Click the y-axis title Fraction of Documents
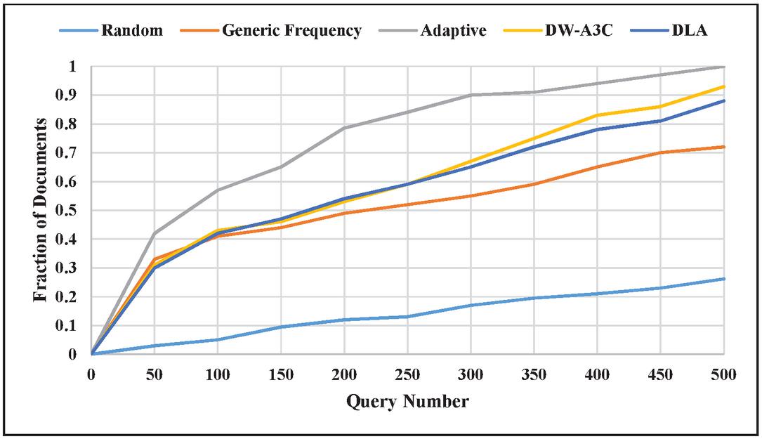[41, 210]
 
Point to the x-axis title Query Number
[407, 402]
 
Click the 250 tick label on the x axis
[407, 375]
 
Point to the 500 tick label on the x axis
[723, 375]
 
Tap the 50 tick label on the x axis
[155, 375]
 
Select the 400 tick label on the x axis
[597, 375]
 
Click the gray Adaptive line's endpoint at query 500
[723, 67]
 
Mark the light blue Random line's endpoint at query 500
[723, 279]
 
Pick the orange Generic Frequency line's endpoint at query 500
[723, 147]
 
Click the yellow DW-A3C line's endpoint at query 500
[723, 86]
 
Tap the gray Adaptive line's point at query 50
[155, 233]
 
